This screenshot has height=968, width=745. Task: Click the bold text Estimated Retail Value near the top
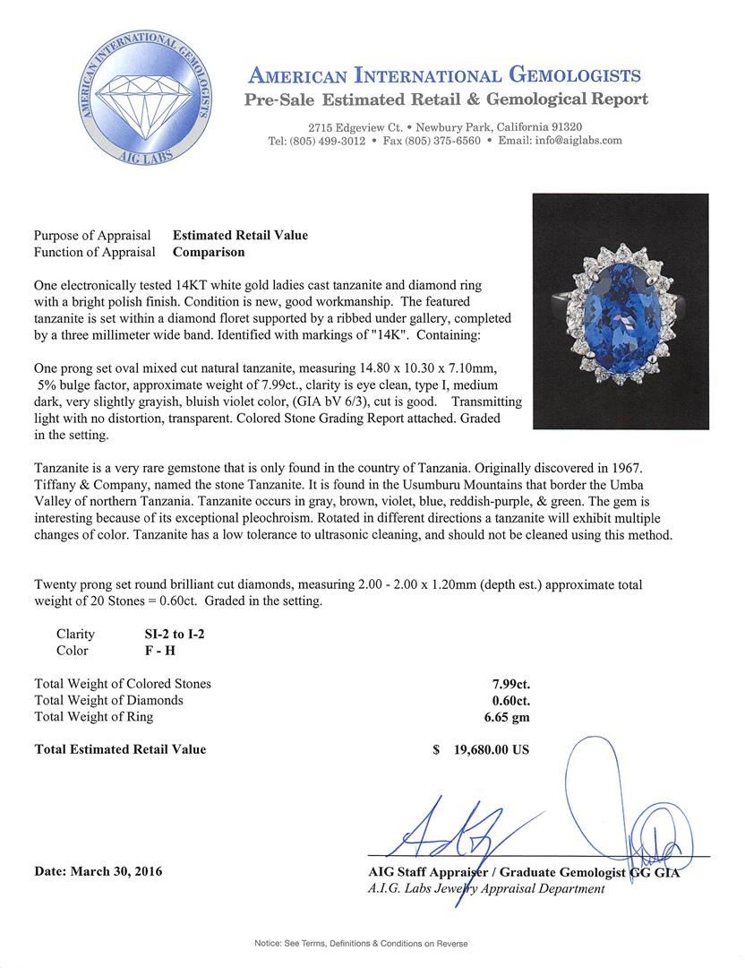click(240, 235)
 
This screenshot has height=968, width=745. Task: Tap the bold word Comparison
click(209, 252)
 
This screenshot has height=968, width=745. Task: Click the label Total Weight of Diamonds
click(108, 700)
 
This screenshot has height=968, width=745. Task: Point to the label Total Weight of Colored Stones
click(123, 683)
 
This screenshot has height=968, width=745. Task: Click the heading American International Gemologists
click(444, 74)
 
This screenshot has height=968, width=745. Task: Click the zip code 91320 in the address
click(564, 127)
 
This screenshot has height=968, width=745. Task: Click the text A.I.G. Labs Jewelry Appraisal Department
click(485, 888)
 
